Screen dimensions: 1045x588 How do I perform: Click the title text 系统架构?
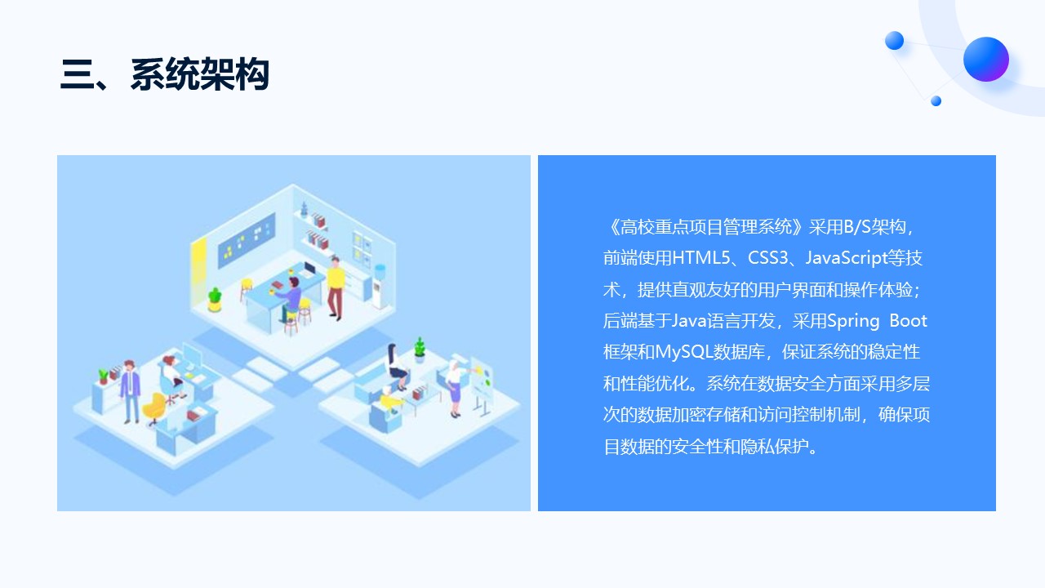point(200,74)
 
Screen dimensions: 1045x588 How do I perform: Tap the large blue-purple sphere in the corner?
point(985,60)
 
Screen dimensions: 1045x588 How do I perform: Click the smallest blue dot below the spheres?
point(936,100)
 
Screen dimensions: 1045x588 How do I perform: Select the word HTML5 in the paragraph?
point(701,258)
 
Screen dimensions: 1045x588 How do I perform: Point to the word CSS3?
point(767,258)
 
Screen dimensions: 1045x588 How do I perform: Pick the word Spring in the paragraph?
point(853,321)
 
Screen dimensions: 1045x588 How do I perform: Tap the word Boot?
point(908,321)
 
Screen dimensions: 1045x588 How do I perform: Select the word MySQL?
point(684,352)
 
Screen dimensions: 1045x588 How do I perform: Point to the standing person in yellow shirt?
point(336,288)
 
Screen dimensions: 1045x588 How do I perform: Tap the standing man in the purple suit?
point(130,391)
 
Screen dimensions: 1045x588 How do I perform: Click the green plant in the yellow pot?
point(215,300)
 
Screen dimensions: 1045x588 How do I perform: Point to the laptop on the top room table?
point(309,269)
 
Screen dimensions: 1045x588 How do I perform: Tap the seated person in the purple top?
point(290,300)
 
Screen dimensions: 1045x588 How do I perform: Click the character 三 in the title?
point(77,74)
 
